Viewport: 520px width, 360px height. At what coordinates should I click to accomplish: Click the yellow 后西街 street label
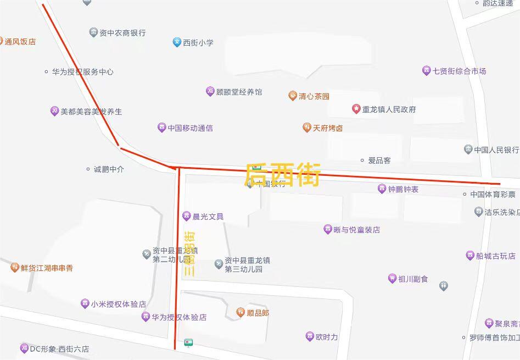coord(282,174)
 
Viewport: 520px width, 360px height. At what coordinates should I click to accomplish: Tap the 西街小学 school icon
coord(177,42)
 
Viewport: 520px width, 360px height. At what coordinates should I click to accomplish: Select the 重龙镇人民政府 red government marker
coord(356,109)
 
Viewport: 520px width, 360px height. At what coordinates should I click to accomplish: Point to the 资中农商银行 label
coord(122,33)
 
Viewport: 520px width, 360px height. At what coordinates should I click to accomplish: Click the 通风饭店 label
coord(20,41)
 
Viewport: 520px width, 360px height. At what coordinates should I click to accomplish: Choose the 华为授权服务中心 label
coord(83,72)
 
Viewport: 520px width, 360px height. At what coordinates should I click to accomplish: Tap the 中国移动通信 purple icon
coord(161,128)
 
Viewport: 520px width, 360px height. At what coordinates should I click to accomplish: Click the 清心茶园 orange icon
coord(293,96)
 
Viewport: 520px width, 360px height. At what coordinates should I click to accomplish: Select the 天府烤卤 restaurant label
coord(328,128)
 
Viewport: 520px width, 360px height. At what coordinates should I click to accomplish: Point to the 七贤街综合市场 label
coord(460,71)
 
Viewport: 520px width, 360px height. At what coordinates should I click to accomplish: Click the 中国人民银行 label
coord(496,149)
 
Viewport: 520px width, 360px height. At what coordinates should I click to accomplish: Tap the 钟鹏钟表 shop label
coord(404,189)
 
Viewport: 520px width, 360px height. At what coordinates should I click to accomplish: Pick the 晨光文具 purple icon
coord(187,217)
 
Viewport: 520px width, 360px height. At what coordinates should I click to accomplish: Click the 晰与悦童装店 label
coord(357,230)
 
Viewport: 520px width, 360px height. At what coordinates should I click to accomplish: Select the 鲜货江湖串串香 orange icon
coord(15,268)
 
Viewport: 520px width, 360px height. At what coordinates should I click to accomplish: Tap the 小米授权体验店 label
coord(119,303)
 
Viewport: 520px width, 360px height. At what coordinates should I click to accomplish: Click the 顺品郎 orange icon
coord(241,313)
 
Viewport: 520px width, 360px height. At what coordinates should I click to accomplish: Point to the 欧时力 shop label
coord(327,337)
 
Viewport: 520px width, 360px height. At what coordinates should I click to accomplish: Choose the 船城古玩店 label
coord(496,256)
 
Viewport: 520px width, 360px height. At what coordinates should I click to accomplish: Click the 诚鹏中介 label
coord(109,169)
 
